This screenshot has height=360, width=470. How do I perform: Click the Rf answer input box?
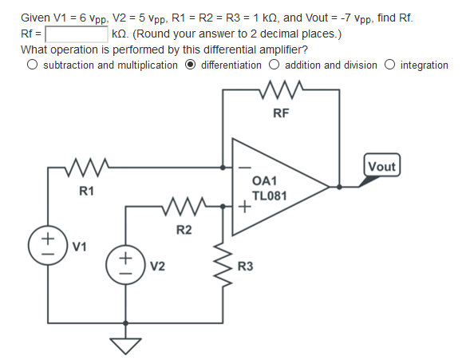pyautogui.click(x=77, y=34)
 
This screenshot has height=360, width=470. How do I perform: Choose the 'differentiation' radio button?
pyautogui.click(x=192, y=65)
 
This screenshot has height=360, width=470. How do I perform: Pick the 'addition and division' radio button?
pyautogui.click(x=274, y=65)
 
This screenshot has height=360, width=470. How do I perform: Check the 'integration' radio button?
pyautogui.click(x=390, y=65)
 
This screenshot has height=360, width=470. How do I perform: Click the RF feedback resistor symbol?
pyautogui.click(x=281, y=85)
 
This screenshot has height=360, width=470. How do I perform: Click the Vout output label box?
pyautogui.click(x=381, y=166)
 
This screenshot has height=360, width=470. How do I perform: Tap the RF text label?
pyautogui.click(x=280, y=113)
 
